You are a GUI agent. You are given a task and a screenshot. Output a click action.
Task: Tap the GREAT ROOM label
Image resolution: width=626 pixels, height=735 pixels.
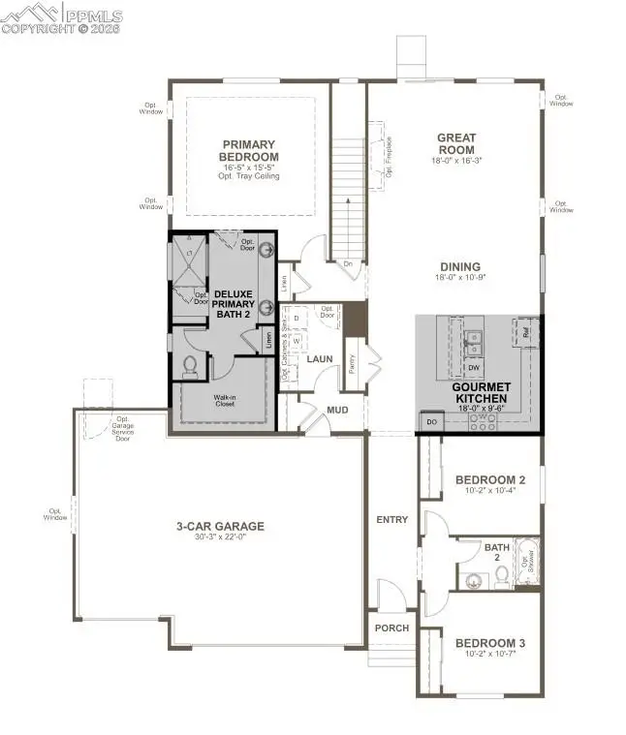(x=455, y=143)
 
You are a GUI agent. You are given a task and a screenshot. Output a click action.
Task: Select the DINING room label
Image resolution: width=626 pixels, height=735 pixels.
(x=459, y=267)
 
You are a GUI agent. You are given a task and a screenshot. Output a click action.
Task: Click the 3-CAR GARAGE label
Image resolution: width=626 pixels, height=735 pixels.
(x=220, y=527)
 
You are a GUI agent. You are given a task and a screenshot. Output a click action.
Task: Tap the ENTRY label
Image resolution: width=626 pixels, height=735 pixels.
(x=392, y=520)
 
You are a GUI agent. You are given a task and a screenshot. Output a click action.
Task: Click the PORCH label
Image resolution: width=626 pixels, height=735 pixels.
(x=392, y=628)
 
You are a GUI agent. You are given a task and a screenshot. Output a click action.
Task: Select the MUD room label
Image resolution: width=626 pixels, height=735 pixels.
(x=337, y=410)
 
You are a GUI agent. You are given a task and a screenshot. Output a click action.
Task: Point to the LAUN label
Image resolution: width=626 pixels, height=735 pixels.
(x=320, y=358)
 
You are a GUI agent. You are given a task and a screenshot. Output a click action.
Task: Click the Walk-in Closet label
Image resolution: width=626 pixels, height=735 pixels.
(x=225, y=400)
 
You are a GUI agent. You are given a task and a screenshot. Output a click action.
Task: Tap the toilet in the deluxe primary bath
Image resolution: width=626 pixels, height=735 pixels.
(x=191, y=366)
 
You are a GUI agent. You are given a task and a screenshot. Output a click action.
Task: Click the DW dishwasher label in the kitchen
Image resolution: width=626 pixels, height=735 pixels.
(x=474, y=368)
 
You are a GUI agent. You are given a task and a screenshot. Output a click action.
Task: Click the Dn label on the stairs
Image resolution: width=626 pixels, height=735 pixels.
(x=347, y=263)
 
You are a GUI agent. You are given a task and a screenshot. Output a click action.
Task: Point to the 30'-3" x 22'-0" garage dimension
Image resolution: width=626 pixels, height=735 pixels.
(x=220, y=538)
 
